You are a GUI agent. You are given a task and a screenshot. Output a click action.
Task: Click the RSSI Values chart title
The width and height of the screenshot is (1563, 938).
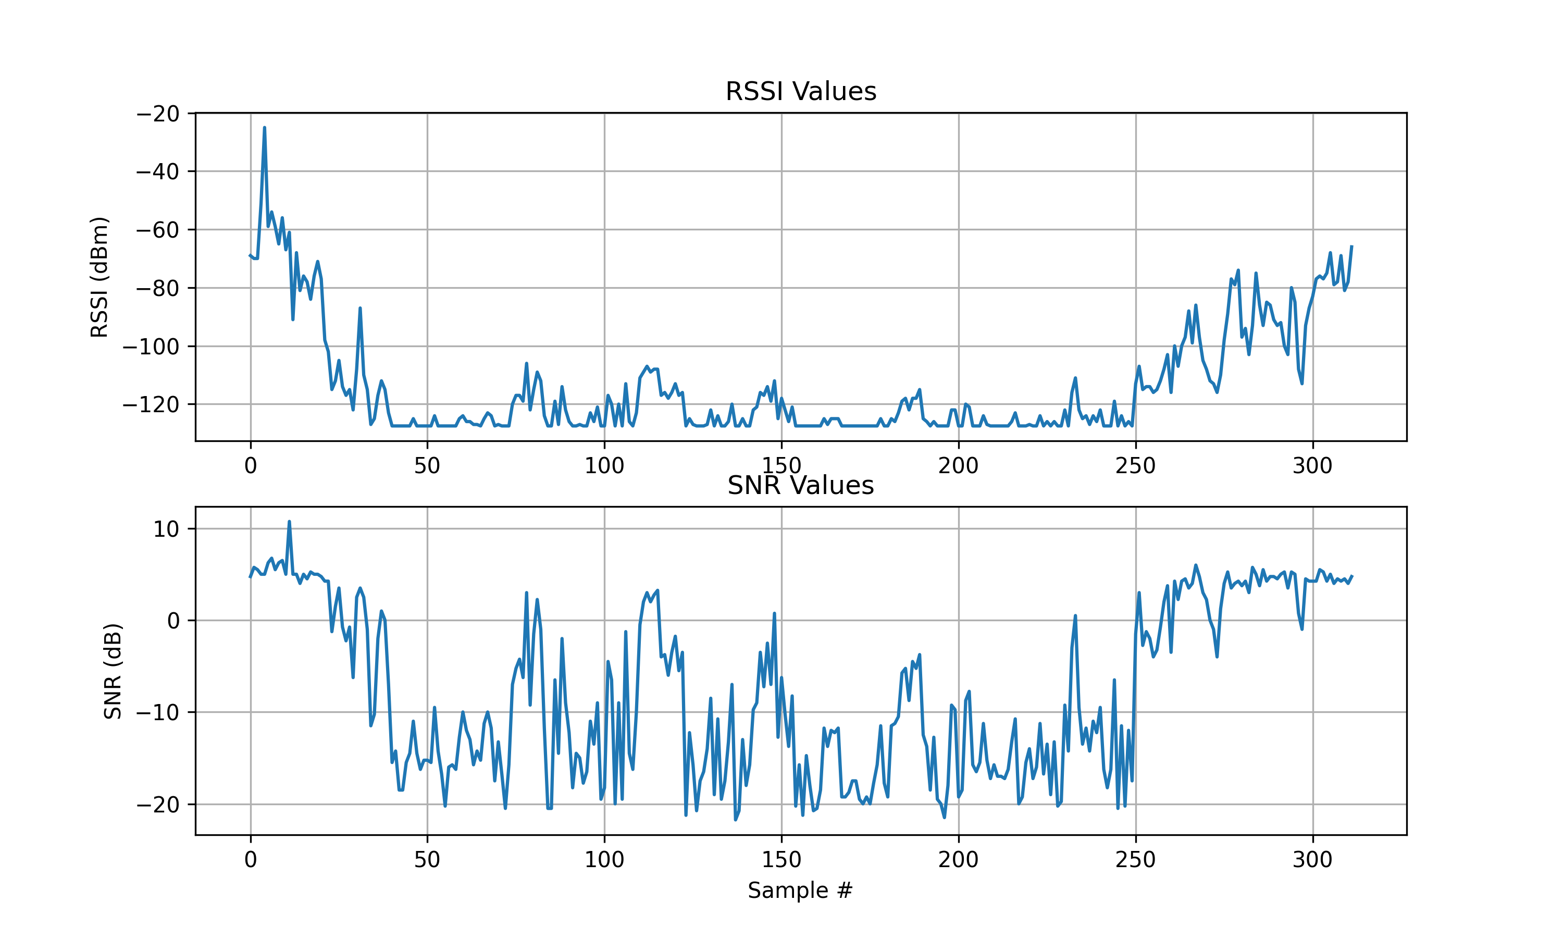(x=800, y=92)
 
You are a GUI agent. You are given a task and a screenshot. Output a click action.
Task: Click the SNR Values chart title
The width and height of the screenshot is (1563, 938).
(x=800, y=486)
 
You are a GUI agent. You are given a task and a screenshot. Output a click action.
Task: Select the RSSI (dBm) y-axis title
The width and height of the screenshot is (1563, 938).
(x=99, y=277)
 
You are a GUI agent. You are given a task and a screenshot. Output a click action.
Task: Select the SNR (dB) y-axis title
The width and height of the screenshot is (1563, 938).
(x=113, y=671)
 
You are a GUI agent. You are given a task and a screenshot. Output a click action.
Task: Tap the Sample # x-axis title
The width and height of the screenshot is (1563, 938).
(x=800, y=890)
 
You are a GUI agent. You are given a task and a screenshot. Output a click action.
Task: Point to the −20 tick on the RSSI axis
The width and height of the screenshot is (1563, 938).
(x=158, y=114)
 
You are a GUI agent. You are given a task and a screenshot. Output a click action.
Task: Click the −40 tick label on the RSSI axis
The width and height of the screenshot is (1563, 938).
(x=158, y=171)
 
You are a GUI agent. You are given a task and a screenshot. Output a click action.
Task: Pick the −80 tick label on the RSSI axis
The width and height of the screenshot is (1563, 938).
(x=158, y=288)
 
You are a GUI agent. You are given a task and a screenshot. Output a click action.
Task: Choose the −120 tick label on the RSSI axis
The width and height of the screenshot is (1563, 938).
(x=151, y=404)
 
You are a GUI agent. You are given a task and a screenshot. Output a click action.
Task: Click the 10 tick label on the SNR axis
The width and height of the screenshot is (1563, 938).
(x=166, y=529)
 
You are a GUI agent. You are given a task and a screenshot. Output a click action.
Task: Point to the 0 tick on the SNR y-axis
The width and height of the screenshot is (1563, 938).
(x=173, y=621)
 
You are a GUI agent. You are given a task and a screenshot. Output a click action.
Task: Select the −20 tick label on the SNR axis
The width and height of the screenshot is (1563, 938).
(x=158, y=805)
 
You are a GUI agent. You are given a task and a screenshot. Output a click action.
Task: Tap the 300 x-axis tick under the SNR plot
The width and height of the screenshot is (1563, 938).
(x=1312, y=860)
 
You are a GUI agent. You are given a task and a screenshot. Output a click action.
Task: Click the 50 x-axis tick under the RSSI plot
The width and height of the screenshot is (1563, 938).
(x=427, y=466)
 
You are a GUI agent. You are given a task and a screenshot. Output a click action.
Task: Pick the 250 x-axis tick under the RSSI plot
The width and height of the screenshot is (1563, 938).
(x=1135, y=466)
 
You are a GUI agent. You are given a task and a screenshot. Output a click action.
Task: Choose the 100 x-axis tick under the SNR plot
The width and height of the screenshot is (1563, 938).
(x=604, y=860)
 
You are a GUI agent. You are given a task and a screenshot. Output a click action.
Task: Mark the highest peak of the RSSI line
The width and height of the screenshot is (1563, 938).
(x=265, y=128)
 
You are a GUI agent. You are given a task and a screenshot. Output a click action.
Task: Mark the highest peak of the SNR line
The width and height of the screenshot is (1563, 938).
(x=289, y=522)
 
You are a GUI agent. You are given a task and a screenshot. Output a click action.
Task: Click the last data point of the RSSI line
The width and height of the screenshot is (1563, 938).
(x=1351, y=246)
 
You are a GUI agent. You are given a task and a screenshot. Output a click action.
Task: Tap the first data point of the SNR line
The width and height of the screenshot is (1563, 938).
(x=250, y=577)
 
